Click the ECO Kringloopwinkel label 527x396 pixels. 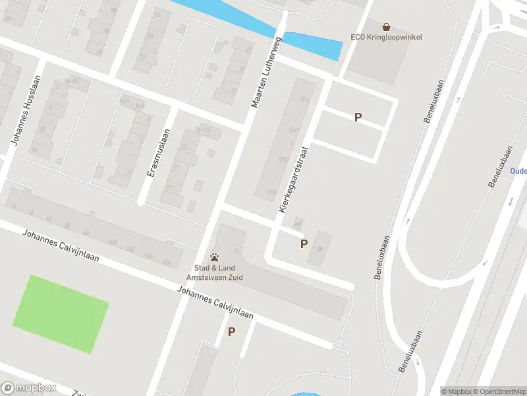(385, 38)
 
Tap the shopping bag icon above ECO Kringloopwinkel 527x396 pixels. (386, 27)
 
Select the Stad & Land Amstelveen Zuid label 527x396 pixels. (214, 273)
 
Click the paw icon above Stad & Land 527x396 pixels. (214, 257)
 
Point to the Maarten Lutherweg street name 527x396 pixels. (266, 73)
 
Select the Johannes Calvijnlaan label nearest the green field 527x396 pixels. (61, 246)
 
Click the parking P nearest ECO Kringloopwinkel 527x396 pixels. (358, 117)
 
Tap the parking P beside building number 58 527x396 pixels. (304, 244)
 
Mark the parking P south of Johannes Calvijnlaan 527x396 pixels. (231, 332)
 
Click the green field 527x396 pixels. (60, 313)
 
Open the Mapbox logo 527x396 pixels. (28, 388)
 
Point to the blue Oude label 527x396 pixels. (518, 170)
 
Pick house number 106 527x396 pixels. (166, 263)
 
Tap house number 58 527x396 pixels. (319, 249)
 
